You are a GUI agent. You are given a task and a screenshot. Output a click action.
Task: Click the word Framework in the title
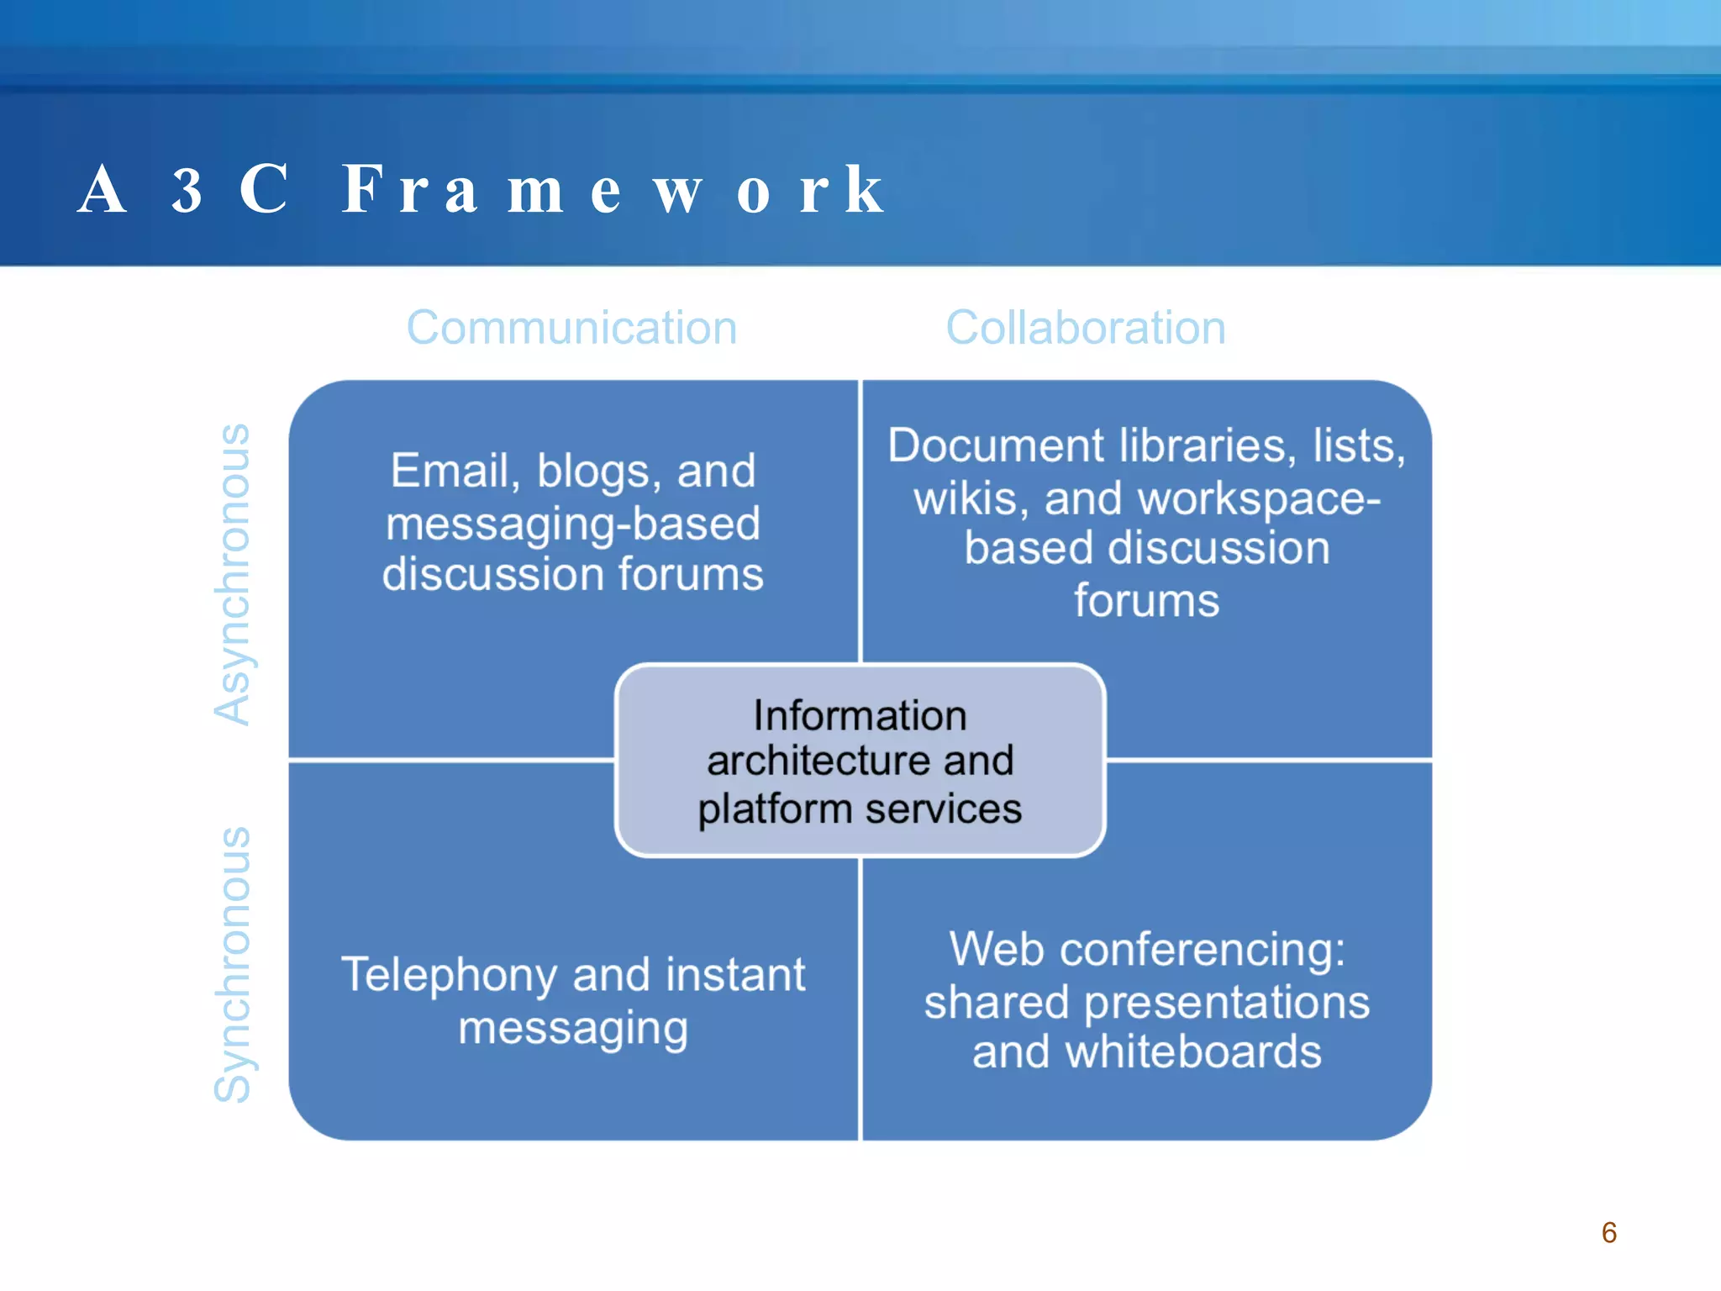[613, 190]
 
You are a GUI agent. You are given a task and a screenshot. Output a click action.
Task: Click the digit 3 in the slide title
[187, 191]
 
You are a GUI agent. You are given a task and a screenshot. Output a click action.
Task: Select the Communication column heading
[571, 327]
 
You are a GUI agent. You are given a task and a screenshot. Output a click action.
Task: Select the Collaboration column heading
[1086, 327]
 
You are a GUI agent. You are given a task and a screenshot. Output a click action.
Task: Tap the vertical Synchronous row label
[232, 965]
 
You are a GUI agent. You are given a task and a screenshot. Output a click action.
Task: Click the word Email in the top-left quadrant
[454, 471]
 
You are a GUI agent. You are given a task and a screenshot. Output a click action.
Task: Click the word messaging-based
[573, 524]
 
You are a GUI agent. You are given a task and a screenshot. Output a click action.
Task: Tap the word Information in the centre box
[860, 716]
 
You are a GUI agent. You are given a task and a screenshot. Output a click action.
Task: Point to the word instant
[735, 975]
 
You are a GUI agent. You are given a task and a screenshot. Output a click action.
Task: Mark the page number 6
[1608, 1233]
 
